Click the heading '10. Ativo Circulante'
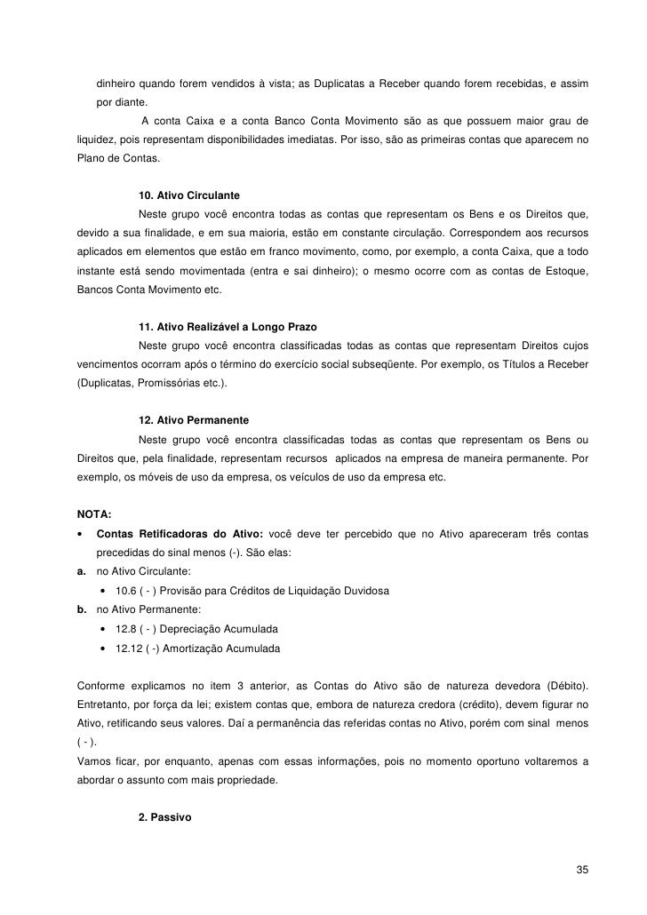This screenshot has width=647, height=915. tap(189, 194)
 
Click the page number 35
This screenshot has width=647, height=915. tap(582, 868)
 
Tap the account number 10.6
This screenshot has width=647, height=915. tap(128, 591)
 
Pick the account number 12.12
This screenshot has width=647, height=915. tap(131, 648)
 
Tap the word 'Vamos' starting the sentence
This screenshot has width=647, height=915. tap(94, 762)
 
